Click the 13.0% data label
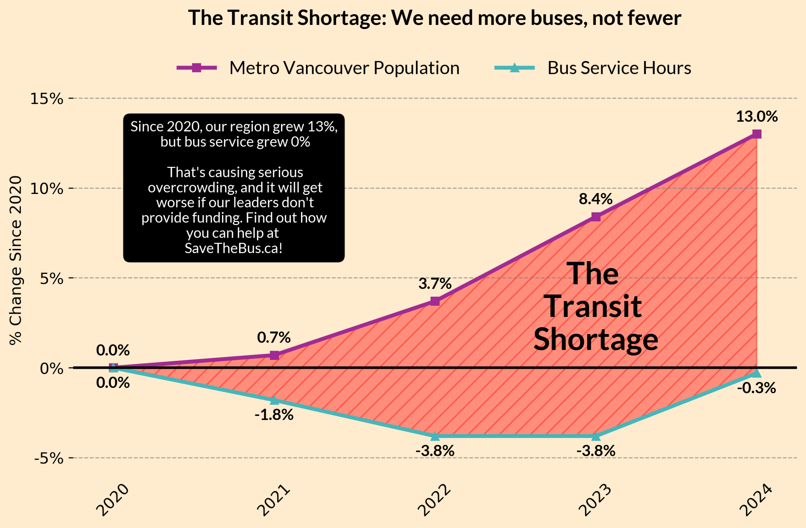click(x=757, y=117)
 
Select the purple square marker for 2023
click(x=596, y=217)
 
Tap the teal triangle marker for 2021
click(x=274, y=400)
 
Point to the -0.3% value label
click(x=756, y=388)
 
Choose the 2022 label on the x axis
click(x=434, y=501)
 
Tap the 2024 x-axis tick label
click(x=756, y=501)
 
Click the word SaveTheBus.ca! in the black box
click(x=234, y=248)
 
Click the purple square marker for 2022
click(x=435, y=301)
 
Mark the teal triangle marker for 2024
click(x=757, y=372)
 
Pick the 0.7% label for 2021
click(x=274, y=337)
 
